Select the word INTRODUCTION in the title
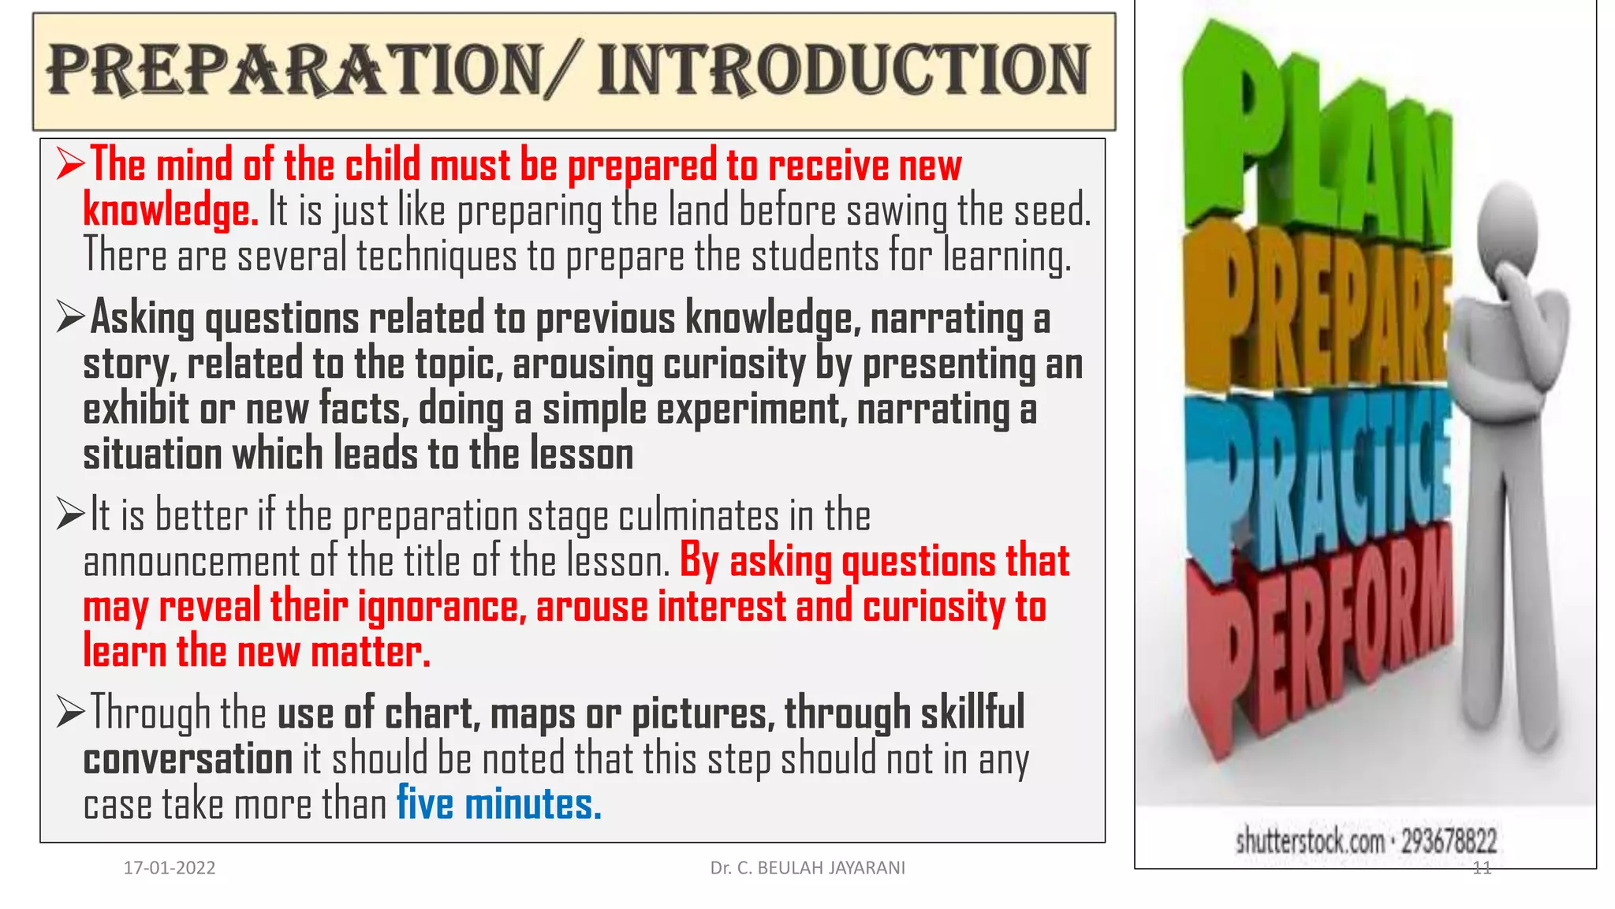click(844, 70)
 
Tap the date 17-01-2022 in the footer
click(170, 868)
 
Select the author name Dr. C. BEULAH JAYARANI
click(807, 868)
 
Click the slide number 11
click(1482, 868)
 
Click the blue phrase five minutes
click(498, 804)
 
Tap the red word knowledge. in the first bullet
click(170, 211)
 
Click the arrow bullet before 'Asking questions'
click(70, 317)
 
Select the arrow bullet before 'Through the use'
click(70, 712)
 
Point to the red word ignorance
click(442, 607)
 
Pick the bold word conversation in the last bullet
click(188, 759)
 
